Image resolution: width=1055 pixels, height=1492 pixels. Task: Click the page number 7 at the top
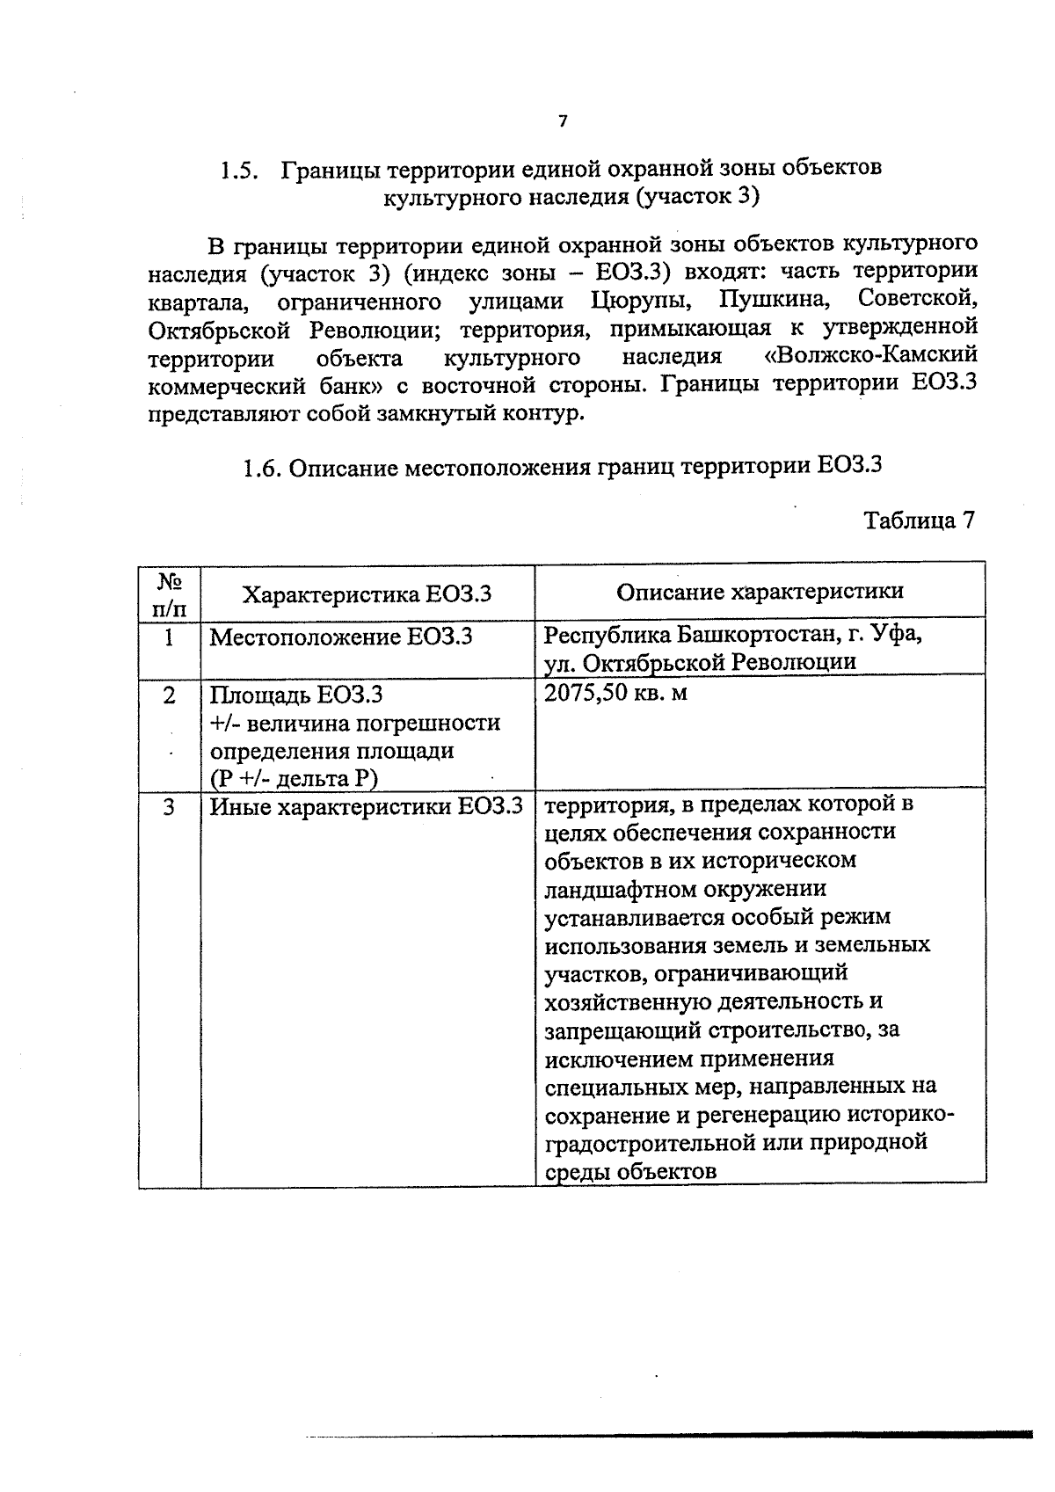(x=563, y=121)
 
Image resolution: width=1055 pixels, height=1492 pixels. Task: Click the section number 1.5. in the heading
(x=239, y=169)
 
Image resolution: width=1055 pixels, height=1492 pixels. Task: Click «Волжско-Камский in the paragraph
(x=870, y=356)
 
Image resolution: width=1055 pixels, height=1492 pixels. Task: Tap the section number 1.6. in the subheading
(x=262, y=466)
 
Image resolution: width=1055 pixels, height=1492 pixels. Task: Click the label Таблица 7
(x=919, y=520)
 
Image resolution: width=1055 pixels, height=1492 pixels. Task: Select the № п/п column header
(x=170, y=594)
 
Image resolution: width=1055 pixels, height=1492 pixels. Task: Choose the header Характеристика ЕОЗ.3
(x=367, y=594)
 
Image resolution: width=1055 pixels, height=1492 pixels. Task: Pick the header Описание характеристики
(x=760, y=592)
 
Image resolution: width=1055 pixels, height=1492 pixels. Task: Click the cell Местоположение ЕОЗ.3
(x=340, y=636)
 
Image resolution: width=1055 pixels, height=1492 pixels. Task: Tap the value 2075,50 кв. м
(x=615, y=693)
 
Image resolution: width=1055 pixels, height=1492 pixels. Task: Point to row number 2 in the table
(x=169, y=695)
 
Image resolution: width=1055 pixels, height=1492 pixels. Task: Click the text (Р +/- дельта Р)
(x=293, y=778)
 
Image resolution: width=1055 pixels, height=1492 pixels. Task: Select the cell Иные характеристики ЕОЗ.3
(x=366, y=805)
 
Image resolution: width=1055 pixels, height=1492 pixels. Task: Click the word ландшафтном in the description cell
(x=619, y=888)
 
